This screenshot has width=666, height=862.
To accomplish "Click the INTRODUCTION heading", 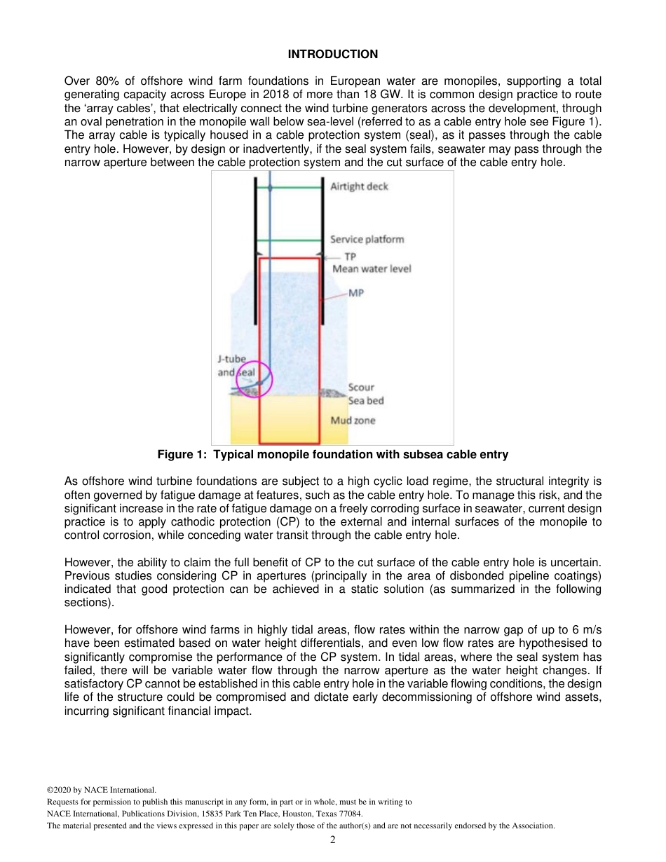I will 332,54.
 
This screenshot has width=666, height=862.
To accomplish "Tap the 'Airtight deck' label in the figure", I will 359,186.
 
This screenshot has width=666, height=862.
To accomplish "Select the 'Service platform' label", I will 367,239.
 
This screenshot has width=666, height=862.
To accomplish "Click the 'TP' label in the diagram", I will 350,257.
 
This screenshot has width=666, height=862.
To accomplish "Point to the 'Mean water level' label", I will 372,268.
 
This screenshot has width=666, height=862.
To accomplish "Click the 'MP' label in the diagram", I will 356,293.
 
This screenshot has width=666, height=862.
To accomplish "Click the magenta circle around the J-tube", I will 254,379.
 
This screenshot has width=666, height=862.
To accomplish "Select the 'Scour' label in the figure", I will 361,388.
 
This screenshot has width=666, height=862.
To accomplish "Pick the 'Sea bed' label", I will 365,401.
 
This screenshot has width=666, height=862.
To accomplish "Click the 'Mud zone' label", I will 353,420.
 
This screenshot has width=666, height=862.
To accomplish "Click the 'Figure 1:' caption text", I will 182,455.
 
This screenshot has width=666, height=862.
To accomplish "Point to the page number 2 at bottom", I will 333,840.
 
